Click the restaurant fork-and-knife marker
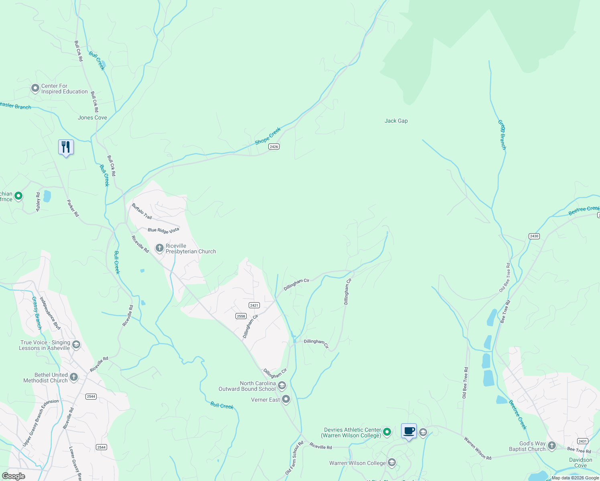coord(66,147)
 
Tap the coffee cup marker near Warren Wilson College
coord(409,431)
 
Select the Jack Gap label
coord(396,121)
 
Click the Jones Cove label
coord(92,117)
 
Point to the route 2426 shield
coord(274,147)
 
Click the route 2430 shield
coord(534,236)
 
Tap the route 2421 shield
coord(254,305)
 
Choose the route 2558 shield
coord(241,316)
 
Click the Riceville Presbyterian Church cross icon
coord(159,249)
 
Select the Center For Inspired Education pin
coord(35,88)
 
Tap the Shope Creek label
coord(268,136)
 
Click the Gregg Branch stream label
coord(502,135)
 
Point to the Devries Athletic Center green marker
coord(387,432)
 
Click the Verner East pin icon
coord(286,399)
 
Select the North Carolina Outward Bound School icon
coord(282,386)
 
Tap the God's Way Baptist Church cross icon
coord(552,446)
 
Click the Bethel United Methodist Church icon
coord(74,377)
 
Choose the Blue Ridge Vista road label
coord(163,230)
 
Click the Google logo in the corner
coord(14,476)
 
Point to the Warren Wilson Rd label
coord(477,448)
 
